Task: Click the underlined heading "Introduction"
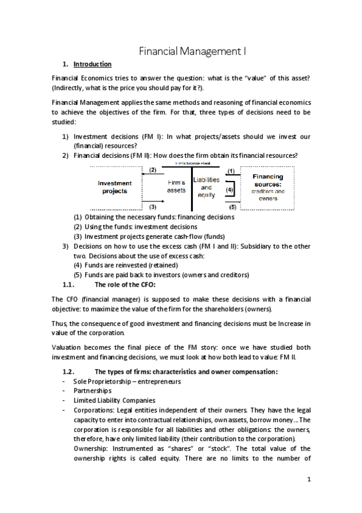pos(92,64)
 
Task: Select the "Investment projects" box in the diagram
pos(114,187)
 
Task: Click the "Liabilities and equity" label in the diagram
pos(206,187)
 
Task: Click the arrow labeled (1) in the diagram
pos(230,176)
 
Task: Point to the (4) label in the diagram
pos(230,190)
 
